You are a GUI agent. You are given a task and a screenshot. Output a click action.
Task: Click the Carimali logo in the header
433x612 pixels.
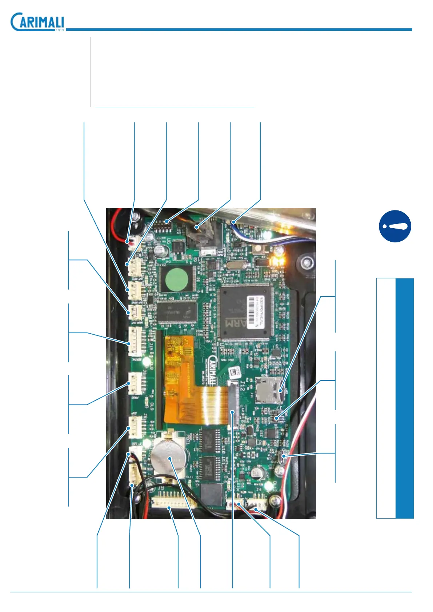[x=37, y=22]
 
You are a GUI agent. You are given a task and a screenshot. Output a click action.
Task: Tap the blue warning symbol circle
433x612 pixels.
[x=395, y=226]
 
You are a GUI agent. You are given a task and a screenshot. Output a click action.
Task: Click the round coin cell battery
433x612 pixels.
[x=170, y=459]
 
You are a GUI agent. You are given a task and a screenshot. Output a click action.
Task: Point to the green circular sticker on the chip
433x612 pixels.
[x=176, y=279]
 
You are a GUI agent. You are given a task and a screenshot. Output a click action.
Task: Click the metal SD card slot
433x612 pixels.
[x=269, y=390]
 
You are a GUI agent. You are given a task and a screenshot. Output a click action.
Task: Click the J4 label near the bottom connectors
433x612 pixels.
[x=258, y=490]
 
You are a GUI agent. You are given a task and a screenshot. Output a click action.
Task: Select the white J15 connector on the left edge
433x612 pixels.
[x=135, y=341]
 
